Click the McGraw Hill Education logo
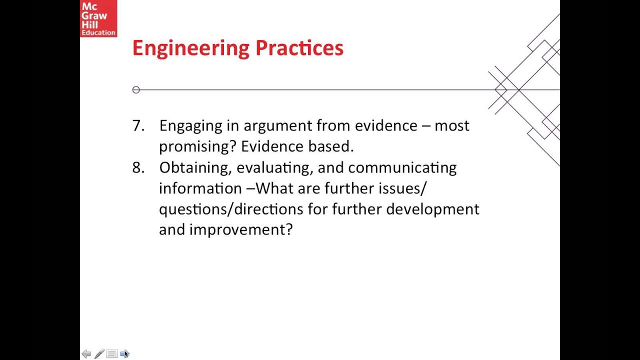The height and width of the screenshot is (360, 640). click(x=98, y=18)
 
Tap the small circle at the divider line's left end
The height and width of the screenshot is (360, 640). click(x=136, y=90)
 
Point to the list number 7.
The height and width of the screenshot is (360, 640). click(x=137, y=125)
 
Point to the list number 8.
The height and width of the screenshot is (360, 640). click(x=137, y=167)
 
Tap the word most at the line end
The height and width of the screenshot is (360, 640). click(x=451, y=125)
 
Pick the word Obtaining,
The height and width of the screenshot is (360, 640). click(x=195, y=168)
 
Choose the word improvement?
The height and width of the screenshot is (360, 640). click(x=240, y=230)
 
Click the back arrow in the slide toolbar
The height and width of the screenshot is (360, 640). click(x=86, y=354)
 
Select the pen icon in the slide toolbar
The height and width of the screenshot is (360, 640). click(x=99, y=354)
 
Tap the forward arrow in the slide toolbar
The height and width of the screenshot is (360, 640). click(x=124, y=354)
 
